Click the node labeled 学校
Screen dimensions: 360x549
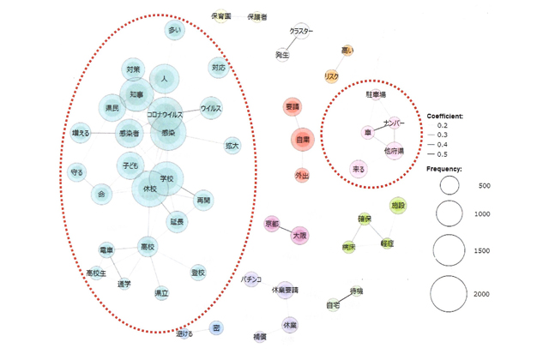point(167,178)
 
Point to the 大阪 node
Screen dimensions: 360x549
point(299,233)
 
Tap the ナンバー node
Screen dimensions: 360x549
point(395,124)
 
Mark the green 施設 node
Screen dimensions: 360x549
point(397,206)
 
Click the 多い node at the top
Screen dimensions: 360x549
point(176,31)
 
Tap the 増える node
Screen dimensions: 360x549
point(80,134)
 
